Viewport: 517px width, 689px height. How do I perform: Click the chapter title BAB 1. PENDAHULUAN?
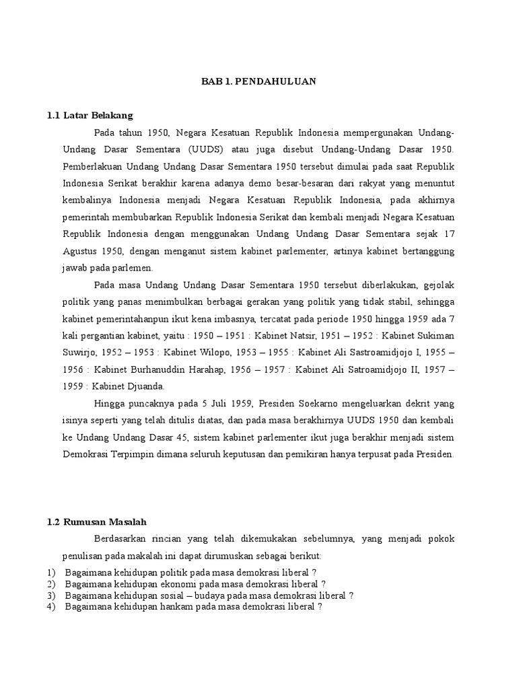[259, 81]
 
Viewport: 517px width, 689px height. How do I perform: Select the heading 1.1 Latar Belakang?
[90, 116]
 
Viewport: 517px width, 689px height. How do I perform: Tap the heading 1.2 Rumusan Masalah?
[96, 521]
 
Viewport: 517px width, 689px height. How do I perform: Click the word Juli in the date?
[221, 403]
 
